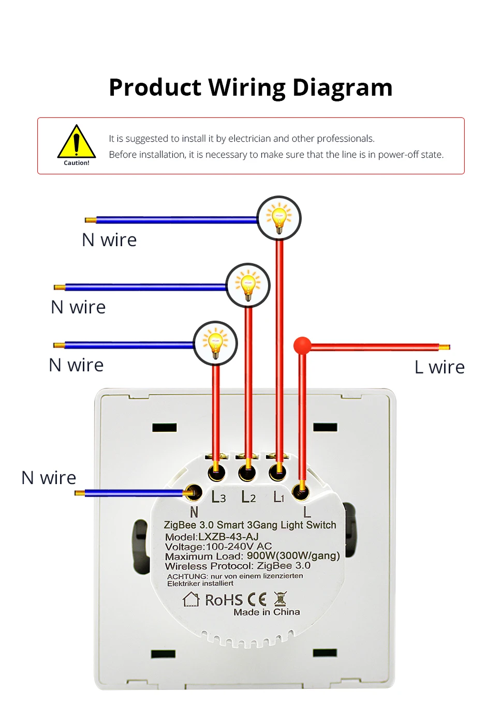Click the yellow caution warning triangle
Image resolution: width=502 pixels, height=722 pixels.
point(77,143)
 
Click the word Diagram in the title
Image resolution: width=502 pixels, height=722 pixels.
point(342,87)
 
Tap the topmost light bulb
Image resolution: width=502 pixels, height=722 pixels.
point(279,218)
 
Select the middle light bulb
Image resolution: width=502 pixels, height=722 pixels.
point(248,285)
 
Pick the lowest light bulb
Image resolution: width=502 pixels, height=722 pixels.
point(215,343)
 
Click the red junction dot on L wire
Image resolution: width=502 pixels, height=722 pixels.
point(302,345)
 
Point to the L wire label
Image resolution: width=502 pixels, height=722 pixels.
point(439,367)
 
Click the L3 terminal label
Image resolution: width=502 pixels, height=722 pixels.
point(218,497)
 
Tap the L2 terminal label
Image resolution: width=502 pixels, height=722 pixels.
point(249,497)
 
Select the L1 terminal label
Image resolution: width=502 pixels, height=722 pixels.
point(279,497)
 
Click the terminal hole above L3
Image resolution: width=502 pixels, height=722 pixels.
point(216,472)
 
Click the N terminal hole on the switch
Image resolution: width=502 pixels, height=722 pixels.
point(194,492)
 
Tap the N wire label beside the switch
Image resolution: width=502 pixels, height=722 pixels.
point(49,478)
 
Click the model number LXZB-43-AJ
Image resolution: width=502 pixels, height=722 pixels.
point(228,537)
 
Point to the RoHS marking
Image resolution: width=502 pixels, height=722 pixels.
point(224,600)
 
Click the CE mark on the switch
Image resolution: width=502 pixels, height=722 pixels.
point(257,599)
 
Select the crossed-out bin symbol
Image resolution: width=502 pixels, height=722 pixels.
point(280,599)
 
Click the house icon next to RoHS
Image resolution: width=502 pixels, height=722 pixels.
point(191,599)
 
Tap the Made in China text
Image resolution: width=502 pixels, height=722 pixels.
point(267,612)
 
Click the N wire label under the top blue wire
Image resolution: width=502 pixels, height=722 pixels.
point(109,240)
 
